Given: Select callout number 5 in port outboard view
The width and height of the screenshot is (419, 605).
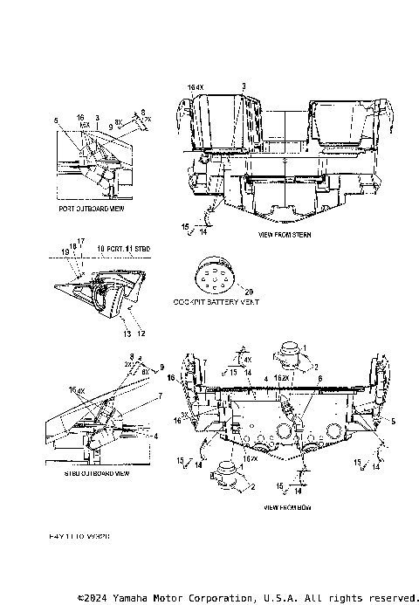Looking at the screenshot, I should pos(56,120).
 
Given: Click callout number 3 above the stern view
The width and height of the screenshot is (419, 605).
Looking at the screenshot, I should pos(244,86).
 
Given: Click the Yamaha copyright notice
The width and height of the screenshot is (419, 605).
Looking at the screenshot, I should pos(246,597).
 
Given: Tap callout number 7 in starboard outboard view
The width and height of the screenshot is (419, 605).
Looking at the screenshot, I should pos(159,395).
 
